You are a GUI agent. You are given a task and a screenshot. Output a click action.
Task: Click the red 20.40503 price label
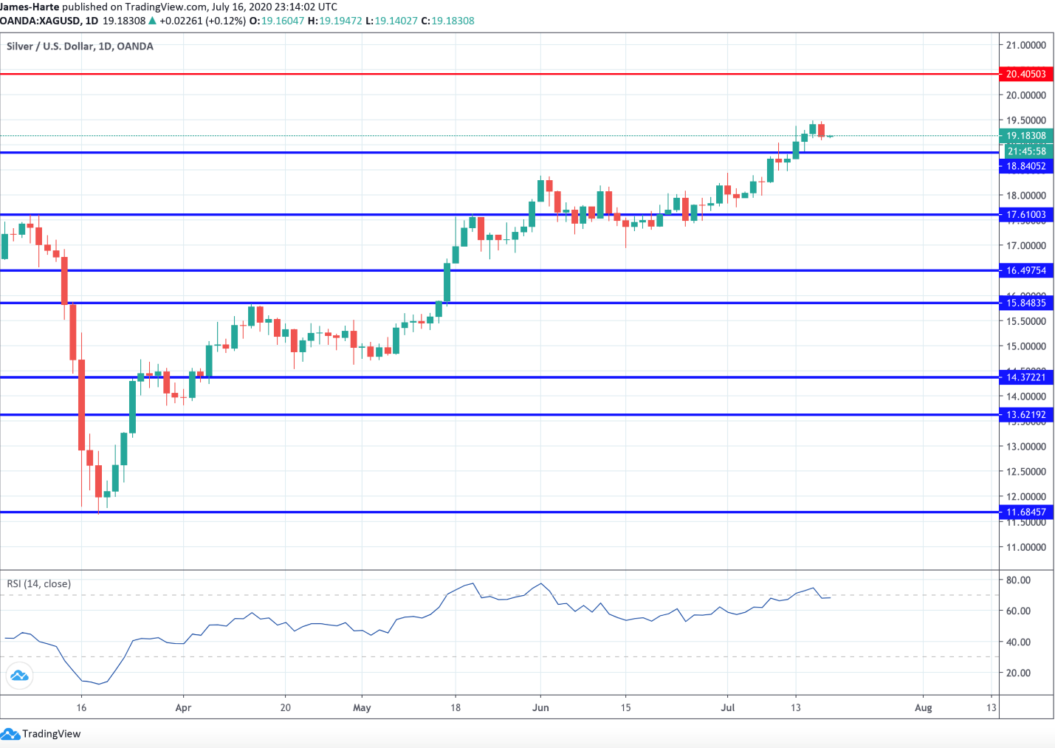pos(1025,74)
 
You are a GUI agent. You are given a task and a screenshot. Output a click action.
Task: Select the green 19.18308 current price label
pos(1025,136)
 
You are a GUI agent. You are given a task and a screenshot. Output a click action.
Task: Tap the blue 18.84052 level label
pos(1025,166)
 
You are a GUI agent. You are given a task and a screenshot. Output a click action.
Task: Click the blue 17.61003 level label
pos(1025,215)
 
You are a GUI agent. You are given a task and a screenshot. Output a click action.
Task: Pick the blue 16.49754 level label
pos(1025,270)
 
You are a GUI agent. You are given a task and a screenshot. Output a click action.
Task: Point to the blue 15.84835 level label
pos(1025,303)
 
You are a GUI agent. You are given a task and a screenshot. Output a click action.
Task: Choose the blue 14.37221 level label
pos(1025,377)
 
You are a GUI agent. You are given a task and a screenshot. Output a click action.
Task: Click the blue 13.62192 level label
pos(1025,415)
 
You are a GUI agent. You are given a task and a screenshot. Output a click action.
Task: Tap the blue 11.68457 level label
pos(1025,512)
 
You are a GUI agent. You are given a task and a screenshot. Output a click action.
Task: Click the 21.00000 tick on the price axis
pos(1025,45)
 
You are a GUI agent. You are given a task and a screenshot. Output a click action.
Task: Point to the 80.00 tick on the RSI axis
pos(1018,580)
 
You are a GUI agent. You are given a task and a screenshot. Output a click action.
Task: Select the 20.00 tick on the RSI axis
pos(1018,673)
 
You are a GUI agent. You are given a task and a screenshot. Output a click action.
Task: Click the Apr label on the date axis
pos(183,707)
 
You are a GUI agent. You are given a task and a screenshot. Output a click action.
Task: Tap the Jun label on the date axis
pos(540,707)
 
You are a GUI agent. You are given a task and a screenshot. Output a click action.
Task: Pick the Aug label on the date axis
pos(923,707)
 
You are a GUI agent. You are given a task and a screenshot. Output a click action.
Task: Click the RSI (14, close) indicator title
pos(39,584)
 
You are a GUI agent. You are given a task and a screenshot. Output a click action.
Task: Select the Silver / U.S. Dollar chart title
pos(80,47)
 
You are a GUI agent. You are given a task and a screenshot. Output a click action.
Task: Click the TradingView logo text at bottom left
pos(51,734)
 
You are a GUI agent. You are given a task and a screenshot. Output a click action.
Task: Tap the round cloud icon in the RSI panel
pos(19,676)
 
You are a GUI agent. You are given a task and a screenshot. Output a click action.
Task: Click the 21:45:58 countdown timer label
pos(1026,151)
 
